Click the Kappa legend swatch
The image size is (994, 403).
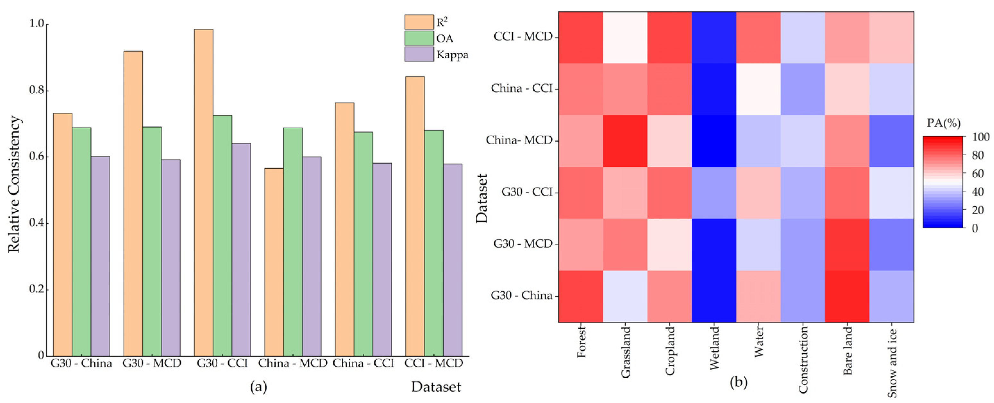[419, 55]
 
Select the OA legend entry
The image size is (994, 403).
[445, 38]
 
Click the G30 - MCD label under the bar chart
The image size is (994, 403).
[152, 364]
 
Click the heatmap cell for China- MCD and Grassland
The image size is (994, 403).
[625, 141]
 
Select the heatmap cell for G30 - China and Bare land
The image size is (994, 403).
[847, 296]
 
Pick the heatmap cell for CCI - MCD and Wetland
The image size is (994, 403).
[714, 37]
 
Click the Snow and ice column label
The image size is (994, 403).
[892, 363]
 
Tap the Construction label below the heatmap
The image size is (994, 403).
[803, 359]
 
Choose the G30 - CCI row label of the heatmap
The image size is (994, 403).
[527, 192]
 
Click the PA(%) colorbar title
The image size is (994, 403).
[943, 123]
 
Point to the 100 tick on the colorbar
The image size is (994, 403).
[981, 137]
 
